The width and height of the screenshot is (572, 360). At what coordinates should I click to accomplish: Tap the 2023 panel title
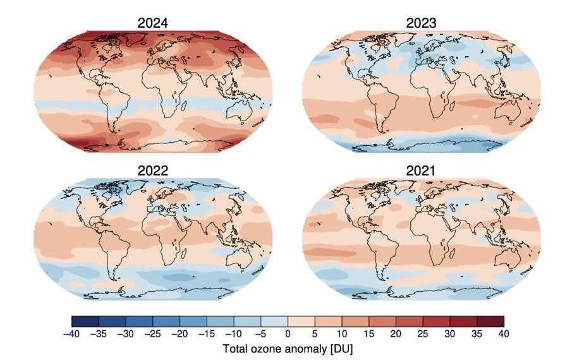(420, 23)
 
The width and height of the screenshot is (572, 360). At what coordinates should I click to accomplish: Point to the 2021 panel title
(420, 169)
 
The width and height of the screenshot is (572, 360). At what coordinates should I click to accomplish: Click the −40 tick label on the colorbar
(71, 334)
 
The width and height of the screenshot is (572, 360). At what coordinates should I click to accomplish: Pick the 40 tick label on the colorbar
(504, 334)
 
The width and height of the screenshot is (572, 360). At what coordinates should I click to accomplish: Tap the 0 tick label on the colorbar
(288, 334)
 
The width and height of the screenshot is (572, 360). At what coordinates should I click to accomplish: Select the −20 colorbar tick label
(179, 334)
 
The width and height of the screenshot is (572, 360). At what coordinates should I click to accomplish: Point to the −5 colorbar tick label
(260, 334)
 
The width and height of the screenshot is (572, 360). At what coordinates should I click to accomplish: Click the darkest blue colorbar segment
(85, 321)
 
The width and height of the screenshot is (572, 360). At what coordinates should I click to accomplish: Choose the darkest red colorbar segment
(490, 321)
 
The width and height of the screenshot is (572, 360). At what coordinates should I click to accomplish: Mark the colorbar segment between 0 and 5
(301, 321)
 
